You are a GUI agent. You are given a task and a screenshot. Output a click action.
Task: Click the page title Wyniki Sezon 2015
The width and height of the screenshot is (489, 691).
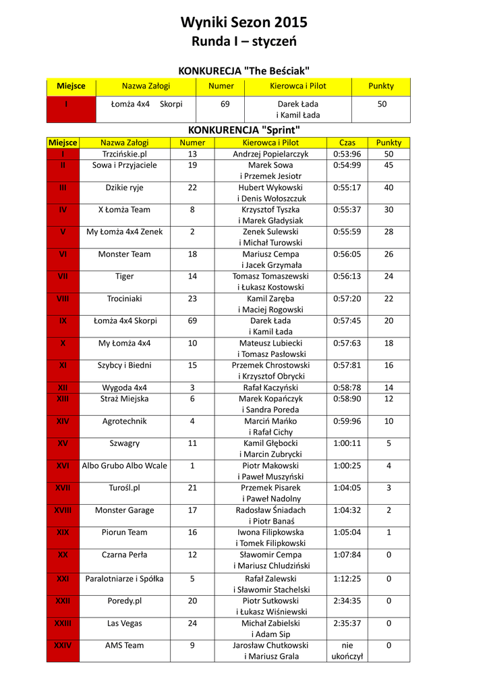[x=244, y=22]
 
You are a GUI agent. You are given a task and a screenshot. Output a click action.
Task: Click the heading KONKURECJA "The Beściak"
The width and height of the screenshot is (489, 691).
[x=243, y=71]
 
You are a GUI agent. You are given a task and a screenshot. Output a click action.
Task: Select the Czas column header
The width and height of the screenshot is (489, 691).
[x=347, y=142]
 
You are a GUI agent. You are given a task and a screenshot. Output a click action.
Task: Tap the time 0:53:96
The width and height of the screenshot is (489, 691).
[x=347, y=154]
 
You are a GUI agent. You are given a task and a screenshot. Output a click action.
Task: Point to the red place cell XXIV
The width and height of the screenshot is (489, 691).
[x=63, y=645]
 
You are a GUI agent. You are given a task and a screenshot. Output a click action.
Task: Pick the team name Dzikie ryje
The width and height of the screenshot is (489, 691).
[x=124, y=187]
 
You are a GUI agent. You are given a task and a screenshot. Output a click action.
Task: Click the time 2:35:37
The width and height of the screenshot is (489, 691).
[x=347, y=623]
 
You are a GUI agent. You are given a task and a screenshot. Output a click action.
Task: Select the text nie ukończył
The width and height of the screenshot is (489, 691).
[x=347, y=651]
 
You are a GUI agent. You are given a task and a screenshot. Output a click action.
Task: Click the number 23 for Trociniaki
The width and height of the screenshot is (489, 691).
[x=192, y=298]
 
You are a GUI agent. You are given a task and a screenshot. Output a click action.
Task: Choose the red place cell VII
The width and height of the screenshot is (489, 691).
[x=63, y=276]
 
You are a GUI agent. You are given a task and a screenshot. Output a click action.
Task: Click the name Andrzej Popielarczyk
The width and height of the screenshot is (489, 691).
[x=270, y=154]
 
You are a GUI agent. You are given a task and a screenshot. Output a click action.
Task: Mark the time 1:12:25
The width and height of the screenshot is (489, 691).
[x=347, y=578]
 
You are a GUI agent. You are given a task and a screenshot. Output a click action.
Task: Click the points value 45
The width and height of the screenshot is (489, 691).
[x=389, y=165]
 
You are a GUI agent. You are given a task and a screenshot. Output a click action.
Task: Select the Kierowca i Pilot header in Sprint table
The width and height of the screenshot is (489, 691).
[x=270, y=142]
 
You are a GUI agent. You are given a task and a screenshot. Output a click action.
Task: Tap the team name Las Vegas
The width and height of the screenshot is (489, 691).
[x=124, y=623]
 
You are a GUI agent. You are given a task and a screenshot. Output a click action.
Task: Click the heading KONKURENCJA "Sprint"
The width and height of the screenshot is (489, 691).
[x=243, y=130]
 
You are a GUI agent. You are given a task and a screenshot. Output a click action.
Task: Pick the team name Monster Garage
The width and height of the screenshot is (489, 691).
[x=124, y=509]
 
